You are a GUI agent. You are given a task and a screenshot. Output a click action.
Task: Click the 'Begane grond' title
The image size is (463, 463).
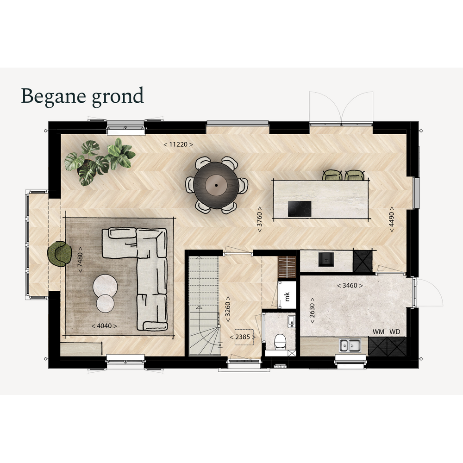click(82, 96)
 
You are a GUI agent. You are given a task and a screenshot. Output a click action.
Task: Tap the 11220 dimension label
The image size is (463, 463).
click(178, 144)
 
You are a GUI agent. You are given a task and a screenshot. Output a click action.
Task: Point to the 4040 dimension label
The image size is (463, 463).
click(104, 326)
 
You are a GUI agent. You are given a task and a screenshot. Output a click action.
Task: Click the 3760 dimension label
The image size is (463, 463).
click(260, 219)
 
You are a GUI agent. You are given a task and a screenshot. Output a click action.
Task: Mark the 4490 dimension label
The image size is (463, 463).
click(392, 219)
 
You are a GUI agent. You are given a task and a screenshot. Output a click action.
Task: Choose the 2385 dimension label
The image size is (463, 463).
click(243, 337)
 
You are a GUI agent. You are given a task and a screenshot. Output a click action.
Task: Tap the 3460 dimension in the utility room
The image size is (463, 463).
click(350, 286)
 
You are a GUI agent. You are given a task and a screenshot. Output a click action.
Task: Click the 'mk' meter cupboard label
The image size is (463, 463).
click(287, 296)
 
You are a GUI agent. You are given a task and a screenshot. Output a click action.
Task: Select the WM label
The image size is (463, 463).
click(378, 332)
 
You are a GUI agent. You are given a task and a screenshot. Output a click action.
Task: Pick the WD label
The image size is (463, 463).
click(395, 332)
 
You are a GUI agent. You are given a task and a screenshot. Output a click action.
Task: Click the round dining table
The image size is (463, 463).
click(216, 185)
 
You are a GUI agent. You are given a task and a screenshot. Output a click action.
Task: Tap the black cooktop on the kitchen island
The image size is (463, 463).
click(300, 209)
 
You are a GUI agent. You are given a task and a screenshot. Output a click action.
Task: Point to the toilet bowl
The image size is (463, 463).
click(279, 342)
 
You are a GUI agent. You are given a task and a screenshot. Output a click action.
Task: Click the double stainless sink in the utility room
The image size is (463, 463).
click(350, 345)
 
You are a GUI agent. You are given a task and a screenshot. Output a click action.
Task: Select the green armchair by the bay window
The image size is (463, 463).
click(60, 254)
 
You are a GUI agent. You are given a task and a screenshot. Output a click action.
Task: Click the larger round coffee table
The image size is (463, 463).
click(105, 286)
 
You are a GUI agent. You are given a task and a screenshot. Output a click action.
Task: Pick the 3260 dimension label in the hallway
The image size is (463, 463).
click(228, 310)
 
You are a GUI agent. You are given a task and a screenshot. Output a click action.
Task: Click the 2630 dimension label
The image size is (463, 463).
click(312, 310)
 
